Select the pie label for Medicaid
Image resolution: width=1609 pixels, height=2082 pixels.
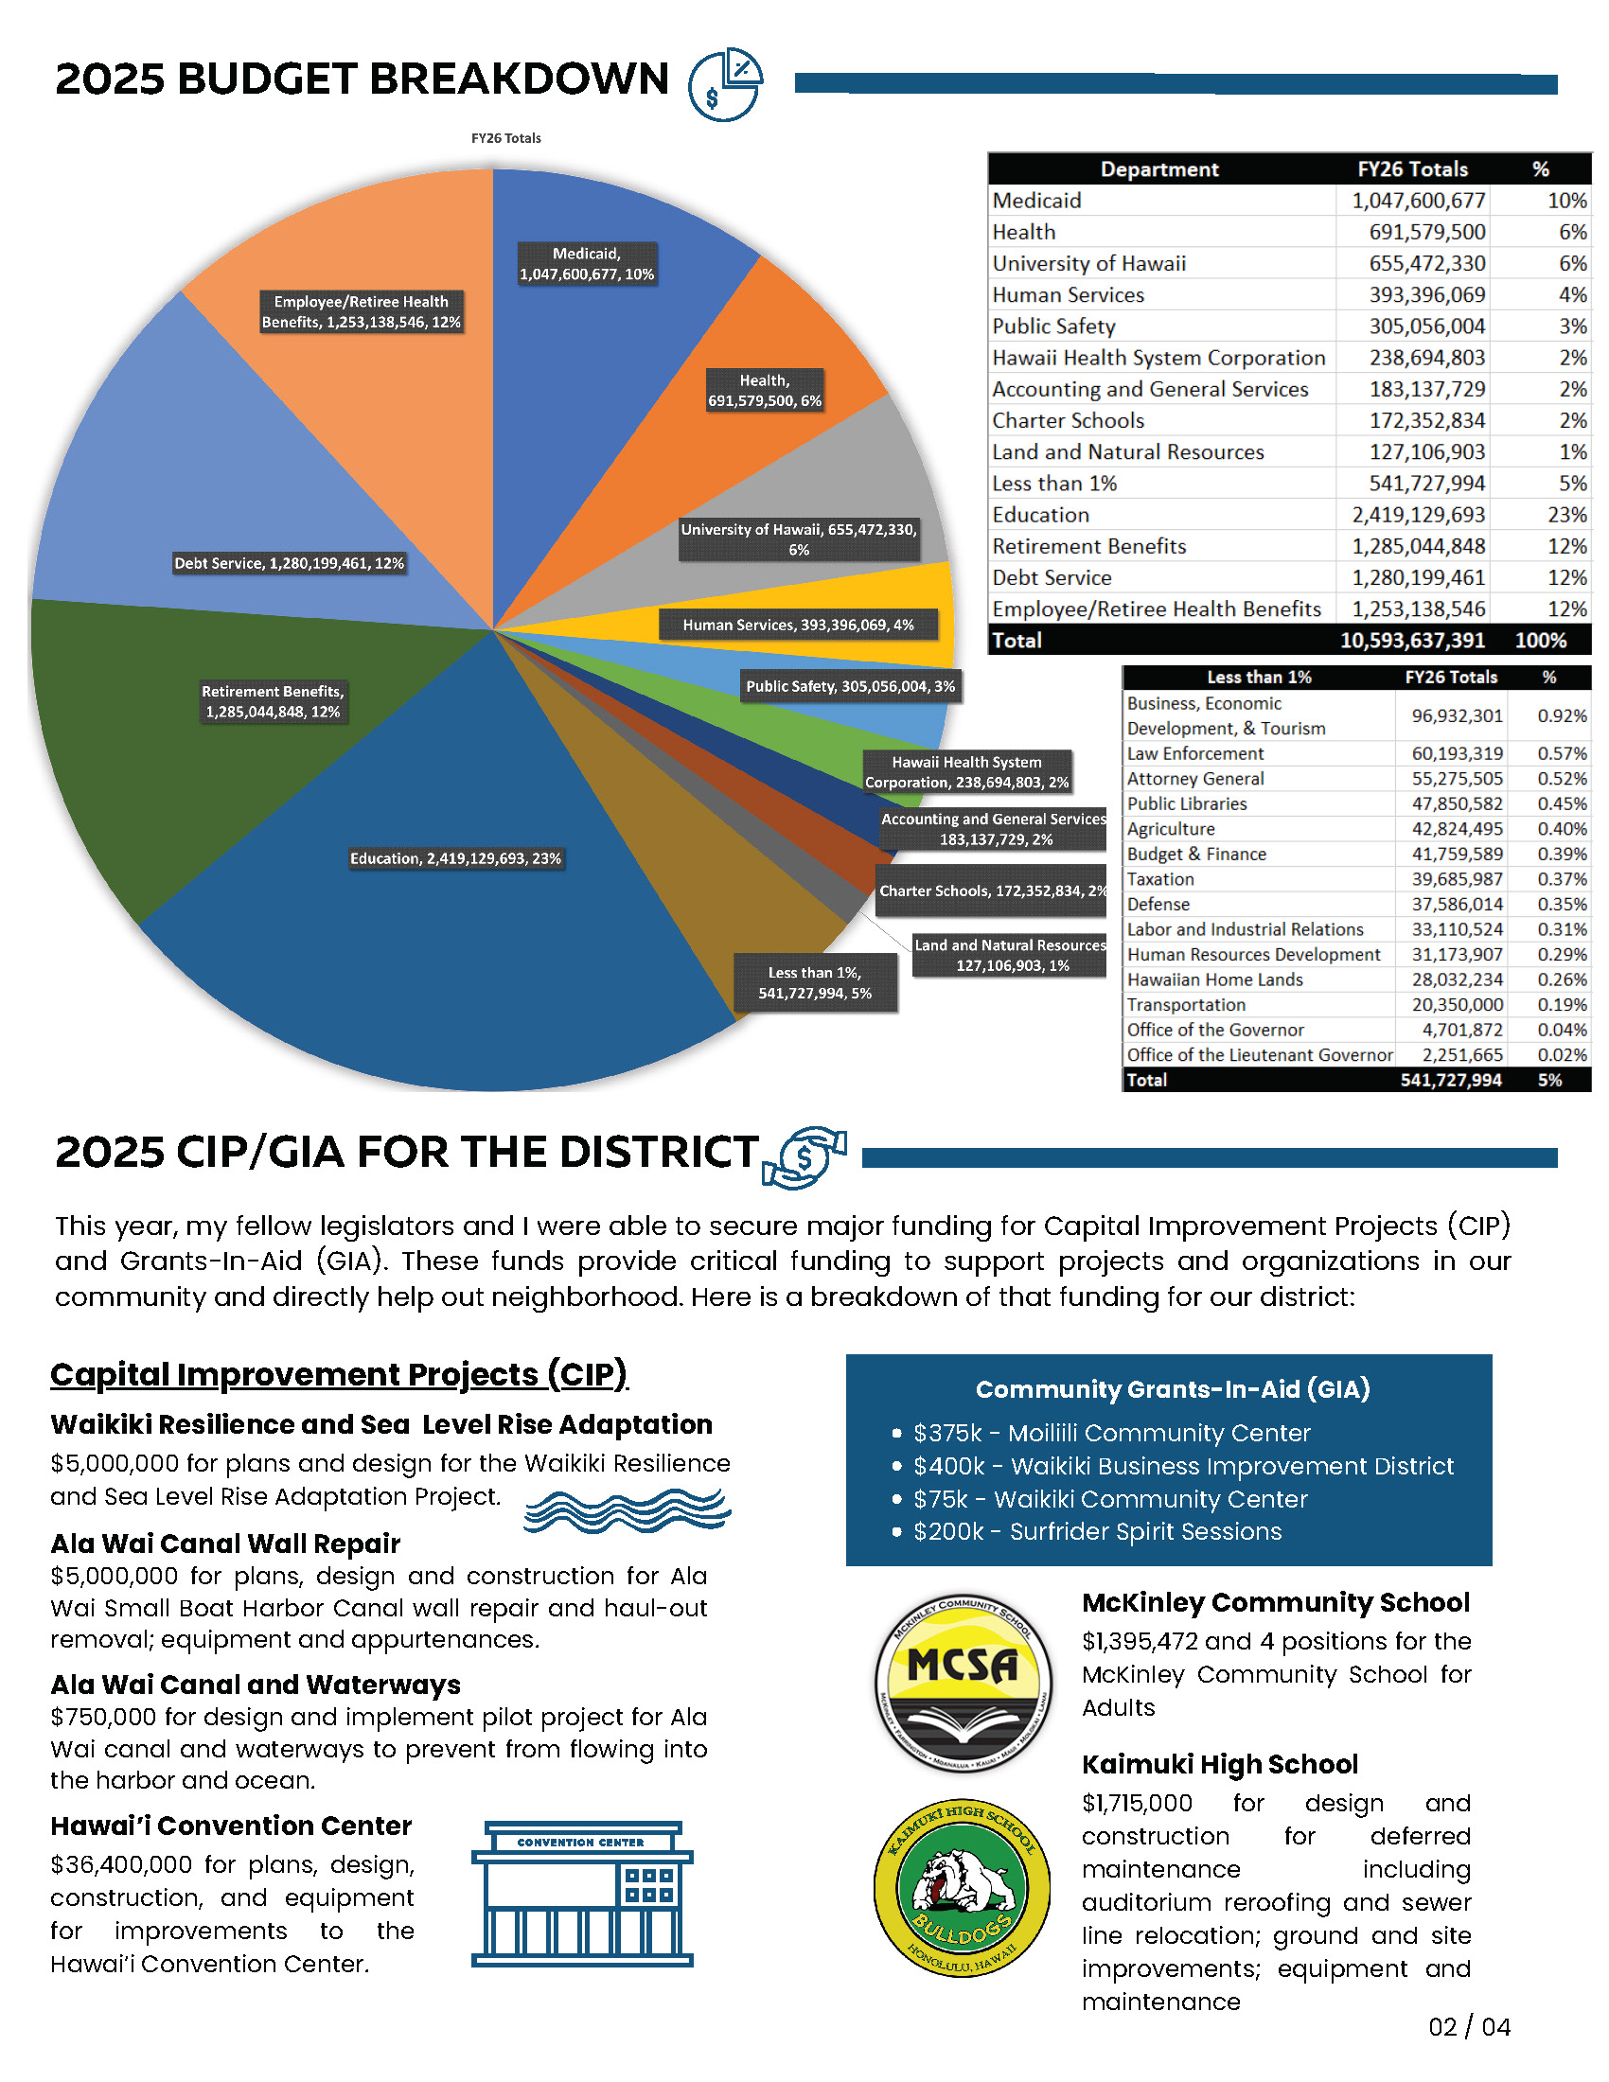point(586,264)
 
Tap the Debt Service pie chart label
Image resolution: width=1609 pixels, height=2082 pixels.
point(289,563)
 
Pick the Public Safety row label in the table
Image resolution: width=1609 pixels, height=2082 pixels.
point(1053,326)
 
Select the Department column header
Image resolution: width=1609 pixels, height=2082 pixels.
point(1159,169)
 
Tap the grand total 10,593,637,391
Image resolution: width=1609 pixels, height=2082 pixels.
point(1412,641)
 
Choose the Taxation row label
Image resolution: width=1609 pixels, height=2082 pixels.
point(1160,879)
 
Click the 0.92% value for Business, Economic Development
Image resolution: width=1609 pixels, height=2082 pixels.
point(1562,716)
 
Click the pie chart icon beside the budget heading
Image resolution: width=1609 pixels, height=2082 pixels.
point(725,84)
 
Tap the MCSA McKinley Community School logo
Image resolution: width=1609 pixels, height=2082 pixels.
point(963,1684)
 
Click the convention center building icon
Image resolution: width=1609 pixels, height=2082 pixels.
point(581,1895)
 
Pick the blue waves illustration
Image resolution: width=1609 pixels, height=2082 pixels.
point(628,1510)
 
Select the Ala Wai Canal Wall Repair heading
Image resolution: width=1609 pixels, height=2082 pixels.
point(225,1544)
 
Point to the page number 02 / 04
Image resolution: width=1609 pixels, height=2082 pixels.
point(1469,2027)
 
